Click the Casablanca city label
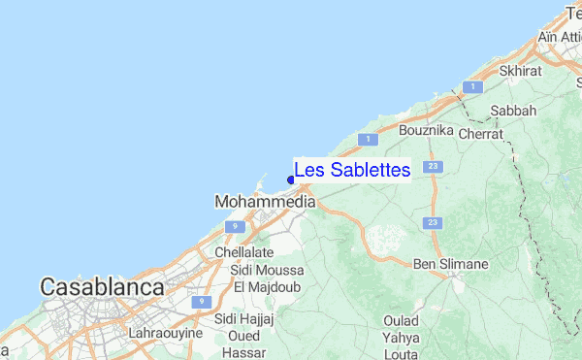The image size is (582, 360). tap(101, 287)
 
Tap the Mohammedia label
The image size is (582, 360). tap(264, 202)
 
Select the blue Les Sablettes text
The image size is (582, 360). tap(352, 170)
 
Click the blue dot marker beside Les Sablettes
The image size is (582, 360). tap(291, 179)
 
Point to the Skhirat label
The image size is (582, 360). tap(519, 71)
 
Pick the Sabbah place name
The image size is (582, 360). tap(513, 111)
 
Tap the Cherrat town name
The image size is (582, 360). tap(481, 134)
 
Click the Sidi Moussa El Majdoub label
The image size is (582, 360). tap(269, 278)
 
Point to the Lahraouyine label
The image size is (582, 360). tap(166, 333)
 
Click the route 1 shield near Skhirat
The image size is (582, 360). tap(472, 87)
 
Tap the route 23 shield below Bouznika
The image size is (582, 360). tap(433, 167)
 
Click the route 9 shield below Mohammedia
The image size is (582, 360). tap(233, 226)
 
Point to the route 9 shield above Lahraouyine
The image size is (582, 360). tap(201, 302)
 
